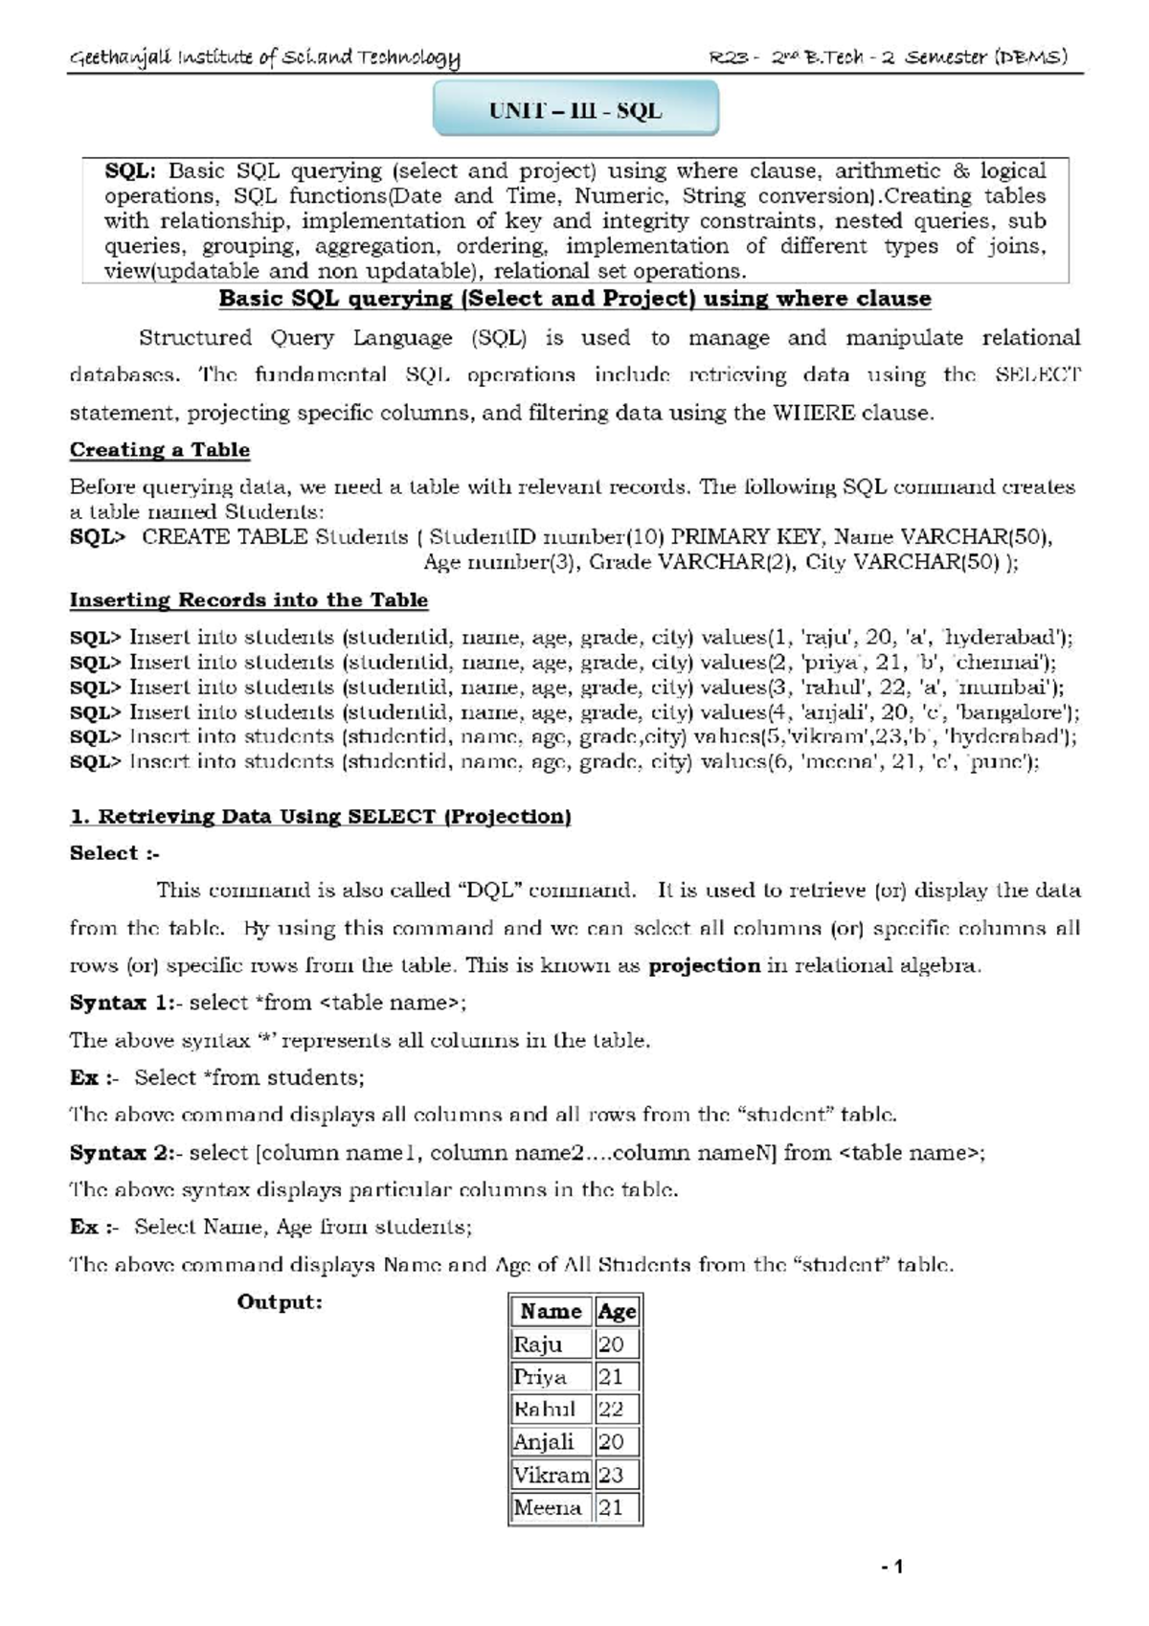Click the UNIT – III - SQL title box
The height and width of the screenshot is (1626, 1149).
click(x=575, y=109)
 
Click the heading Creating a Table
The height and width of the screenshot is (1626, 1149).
click(x=160, y=450)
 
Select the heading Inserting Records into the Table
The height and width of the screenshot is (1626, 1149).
click(x=248, y=600)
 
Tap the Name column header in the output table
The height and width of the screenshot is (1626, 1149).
click(x=551, y=1311)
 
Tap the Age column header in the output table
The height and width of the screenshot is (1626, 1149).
click(x=617, y=1311)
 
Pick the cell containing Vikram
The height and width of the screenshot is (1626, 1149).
click(x=551, y=1475)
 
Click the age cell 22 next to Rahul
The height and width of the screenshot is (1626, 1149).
click(x=613, y=1409)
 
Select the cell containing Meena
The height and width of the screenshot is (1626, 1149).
click(x=549, y=1507)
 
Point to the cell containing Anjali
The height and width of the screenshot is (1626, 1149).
click(x=544, y=1441)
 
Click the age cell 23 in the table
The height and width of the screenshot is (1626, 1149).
click(x=613, y=1475)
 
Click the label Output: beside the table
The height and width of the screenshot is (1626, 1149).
click(x=280, y=1302)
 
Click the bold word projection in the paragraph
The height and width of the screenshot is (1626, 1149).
click(x=704, y=965)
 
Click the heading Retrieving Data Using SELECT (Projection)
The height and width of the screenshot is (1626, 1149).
click(x=320, y=817)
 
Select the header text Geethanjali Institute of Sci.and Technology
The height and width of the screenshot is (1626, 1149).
click(x=264, y=58)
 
